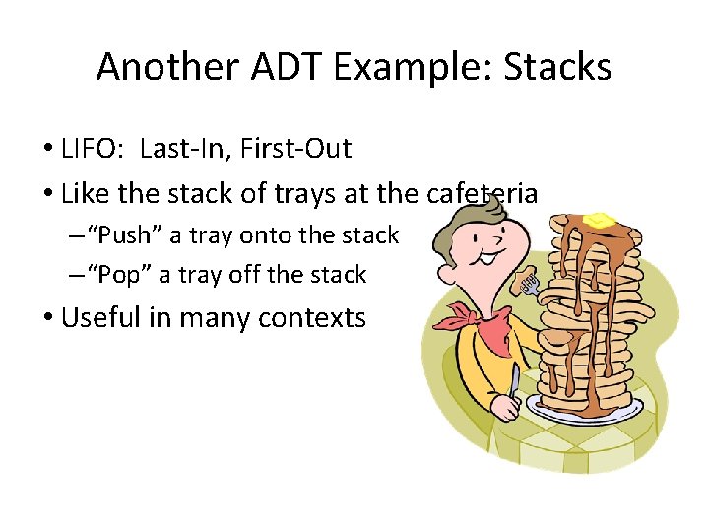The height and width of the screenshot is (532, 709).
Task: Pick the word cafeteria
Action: click(482, 193)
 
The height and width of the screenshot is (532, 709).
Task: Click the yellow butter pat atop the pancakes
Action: click(600, 219)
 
